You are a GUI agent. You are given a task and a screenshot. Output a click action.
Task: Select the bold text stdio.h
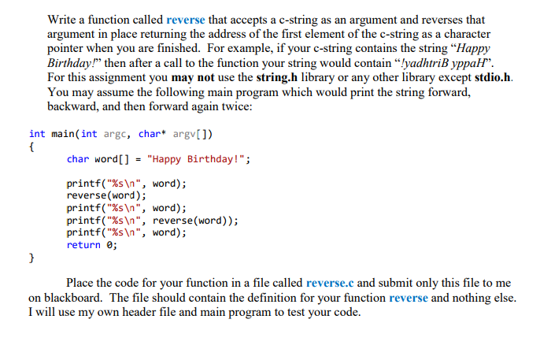(x=493, y=78)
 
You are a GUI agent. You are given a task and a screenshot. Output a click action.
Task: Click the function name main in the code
(x=64, y=133)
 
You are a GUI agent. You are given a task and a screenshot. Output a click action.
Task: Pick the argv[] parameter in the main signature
(x=182, y=133)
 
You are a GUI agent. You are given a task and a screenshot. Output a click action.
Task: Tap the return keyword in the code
(x=83, y=245)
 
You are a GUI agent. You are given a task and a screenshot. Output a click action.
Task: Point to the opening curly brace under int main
(x=31, y=147)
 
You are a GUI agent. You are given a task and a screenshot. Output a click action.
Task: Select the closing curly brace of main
(x=31, y=258)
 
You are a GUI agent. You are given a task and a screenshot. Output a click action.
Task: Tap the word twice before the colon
(x=233, y=108)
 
